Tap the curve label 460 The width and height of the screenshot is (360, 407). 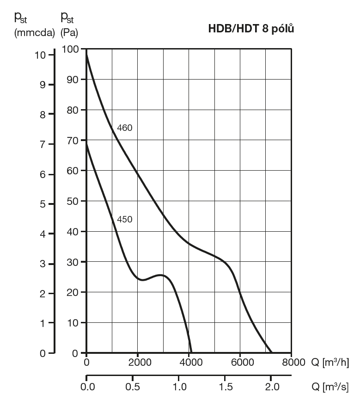tap(125, 128)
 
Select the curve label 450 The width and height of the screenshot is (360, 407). tap(125, 219)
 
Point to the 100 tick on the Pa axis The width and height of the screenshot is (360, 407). tap(71, 49)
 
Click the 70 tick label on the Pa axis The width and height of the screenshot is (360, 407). tap(73, 140)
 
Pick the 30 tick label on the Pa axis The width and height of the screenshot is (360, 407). tap(73, 262)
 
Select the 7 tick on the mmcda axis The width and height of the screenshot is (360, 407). tap(43, 145)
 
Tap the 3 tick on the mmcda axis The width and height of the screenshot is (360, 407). tap(43, 264)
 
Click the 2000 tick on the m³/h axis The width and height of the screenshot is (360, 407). tap(138, 362)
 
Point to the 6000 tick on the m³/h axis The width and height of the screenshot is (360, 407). tap(240, 362)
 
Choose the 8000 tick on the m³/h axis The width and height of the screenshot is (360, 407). tap(291, 362)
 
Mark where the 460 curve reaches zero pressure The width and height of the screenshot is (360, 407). tap(272, 353)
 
